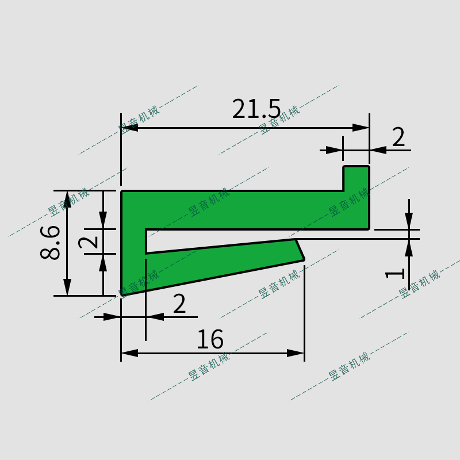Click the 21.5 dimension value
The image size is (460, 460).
(256, 109)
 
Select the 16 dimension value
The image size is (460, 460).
(210, 340)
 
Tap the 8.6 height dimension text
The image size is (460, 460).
(51, 242)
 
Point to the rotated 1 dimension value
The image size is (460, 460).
(396, 273)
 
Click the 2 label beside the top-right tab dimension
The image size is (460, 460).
(398, 137)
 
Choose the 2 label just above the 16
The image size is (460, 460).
(179, 304)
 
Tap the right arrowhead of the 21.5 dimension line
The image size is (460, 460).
(361, 128)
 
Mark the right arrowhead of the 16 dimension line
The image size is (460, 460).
(296, 352)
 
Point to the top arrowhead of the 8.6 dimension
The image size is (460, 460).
(68, 199)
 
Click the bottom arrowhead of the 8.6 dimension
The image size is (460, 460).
(68, 287)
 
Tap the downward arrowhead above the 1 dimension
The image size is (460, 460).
(408, 221)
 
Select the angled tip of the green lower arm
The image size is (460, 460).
(299, 250)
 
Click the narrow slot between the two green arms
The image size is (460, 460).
(218, 240)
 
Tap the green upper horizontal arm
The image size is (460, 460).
(241, 210)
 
